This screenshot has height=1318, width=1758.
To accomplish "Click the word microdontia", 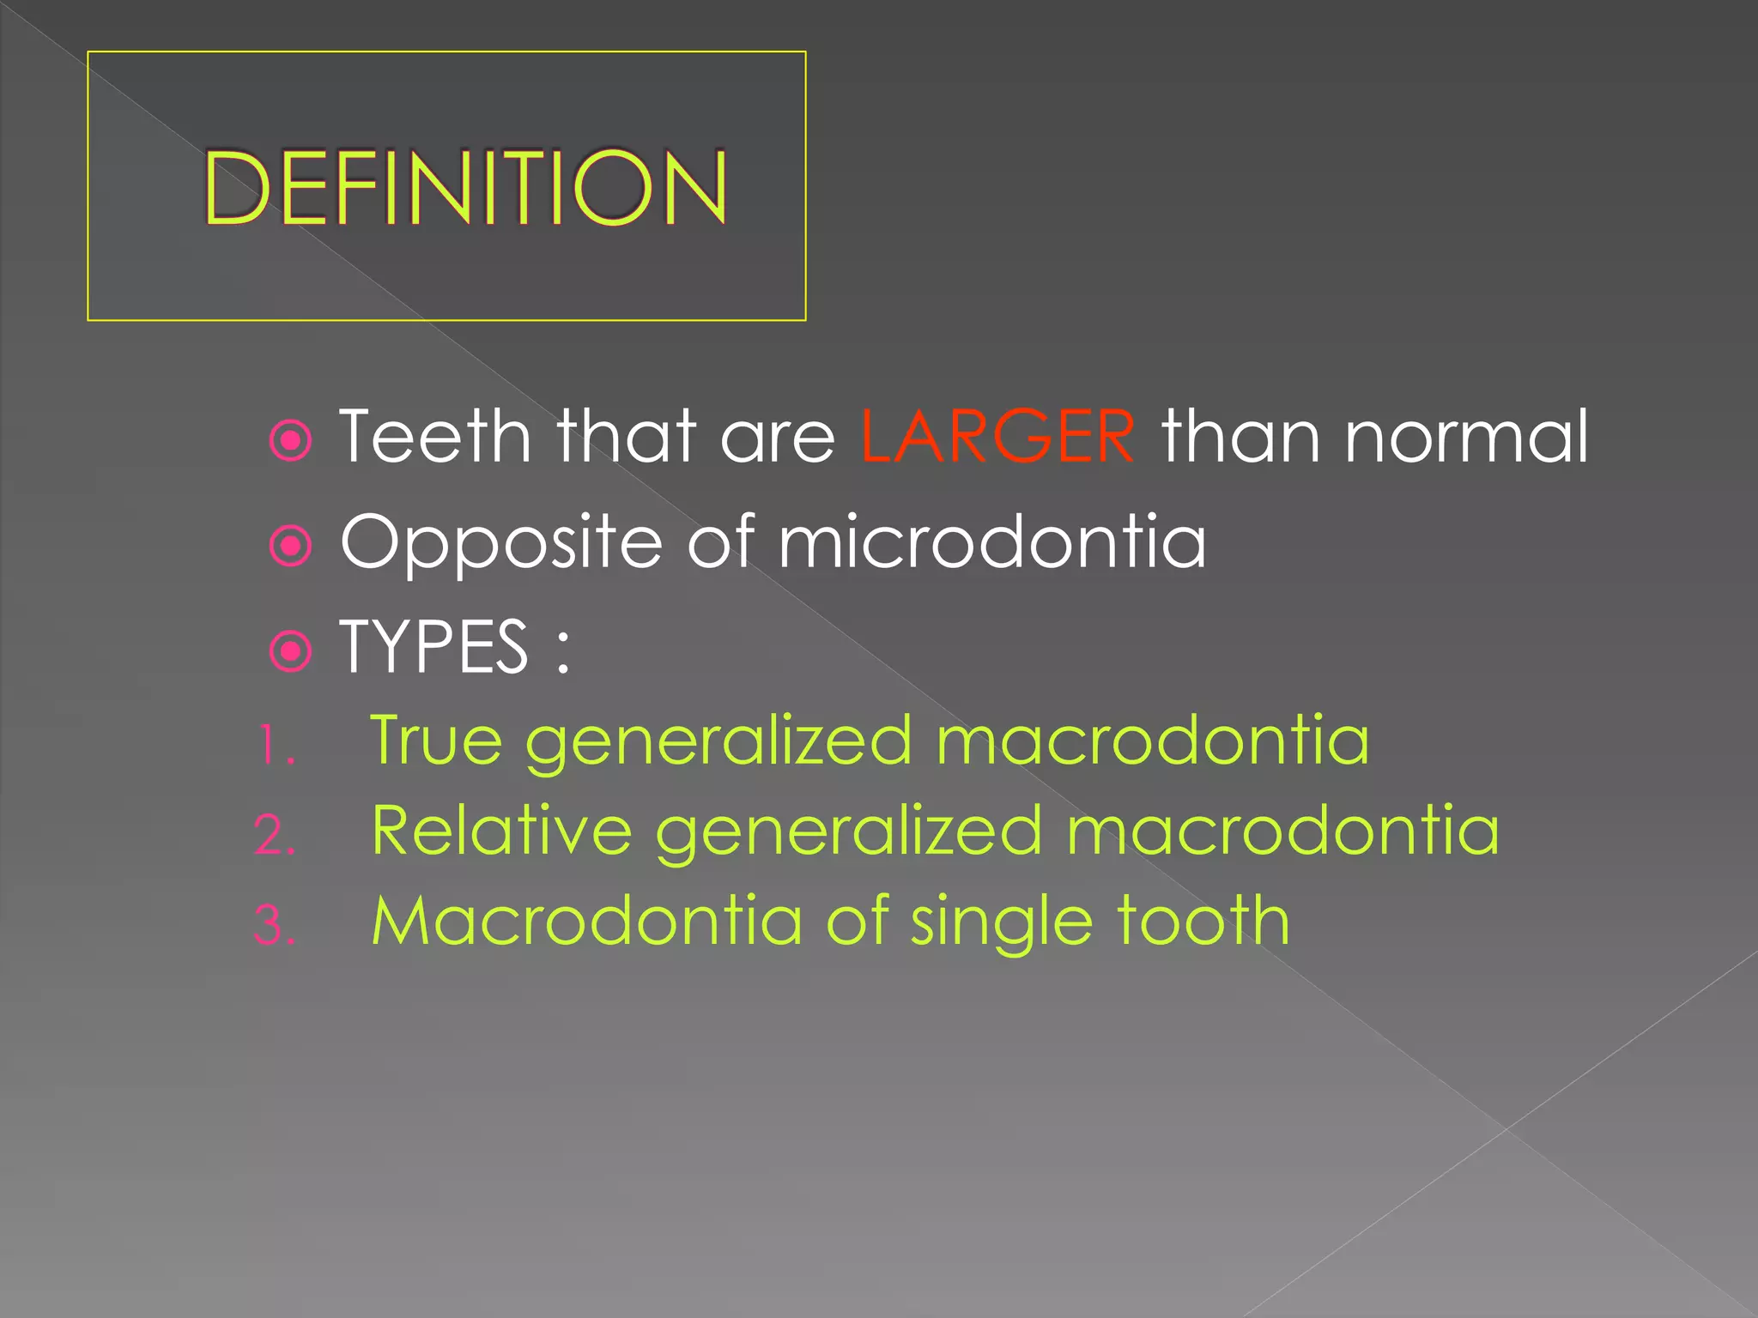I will pyautogui.click(x=992, y=541).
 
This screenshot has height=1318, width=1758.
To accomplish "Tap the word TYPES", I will pyautogui.click(x=434, y=647).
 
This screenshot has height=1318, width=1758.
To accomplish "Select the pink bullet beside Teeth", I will pyautogui.click(x=291, y=440).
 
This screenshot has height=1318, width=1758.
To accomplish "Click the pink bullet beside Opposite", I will pyautogui.click(x=291, y=547).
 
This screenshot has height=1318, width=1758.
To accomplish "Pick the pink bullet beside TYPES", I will pyautogui.click(x=291, y=652).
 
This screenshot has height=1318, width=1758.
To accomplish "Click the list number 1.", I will pyautogui.click(x=275, y=744).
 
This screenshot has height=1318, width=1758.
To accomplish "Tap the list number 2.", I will pyautogui.click(x=275, y=835).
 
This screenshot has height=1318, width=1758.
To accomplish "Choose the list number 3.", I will pyautogui.click(x=275, y=926).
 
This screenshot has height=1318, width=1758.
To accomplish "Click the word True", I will pyautogui.click(x=436, y=740).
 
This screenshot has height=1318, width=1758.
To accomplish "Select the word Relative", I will pyautogui.click(x=502, y=831).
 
